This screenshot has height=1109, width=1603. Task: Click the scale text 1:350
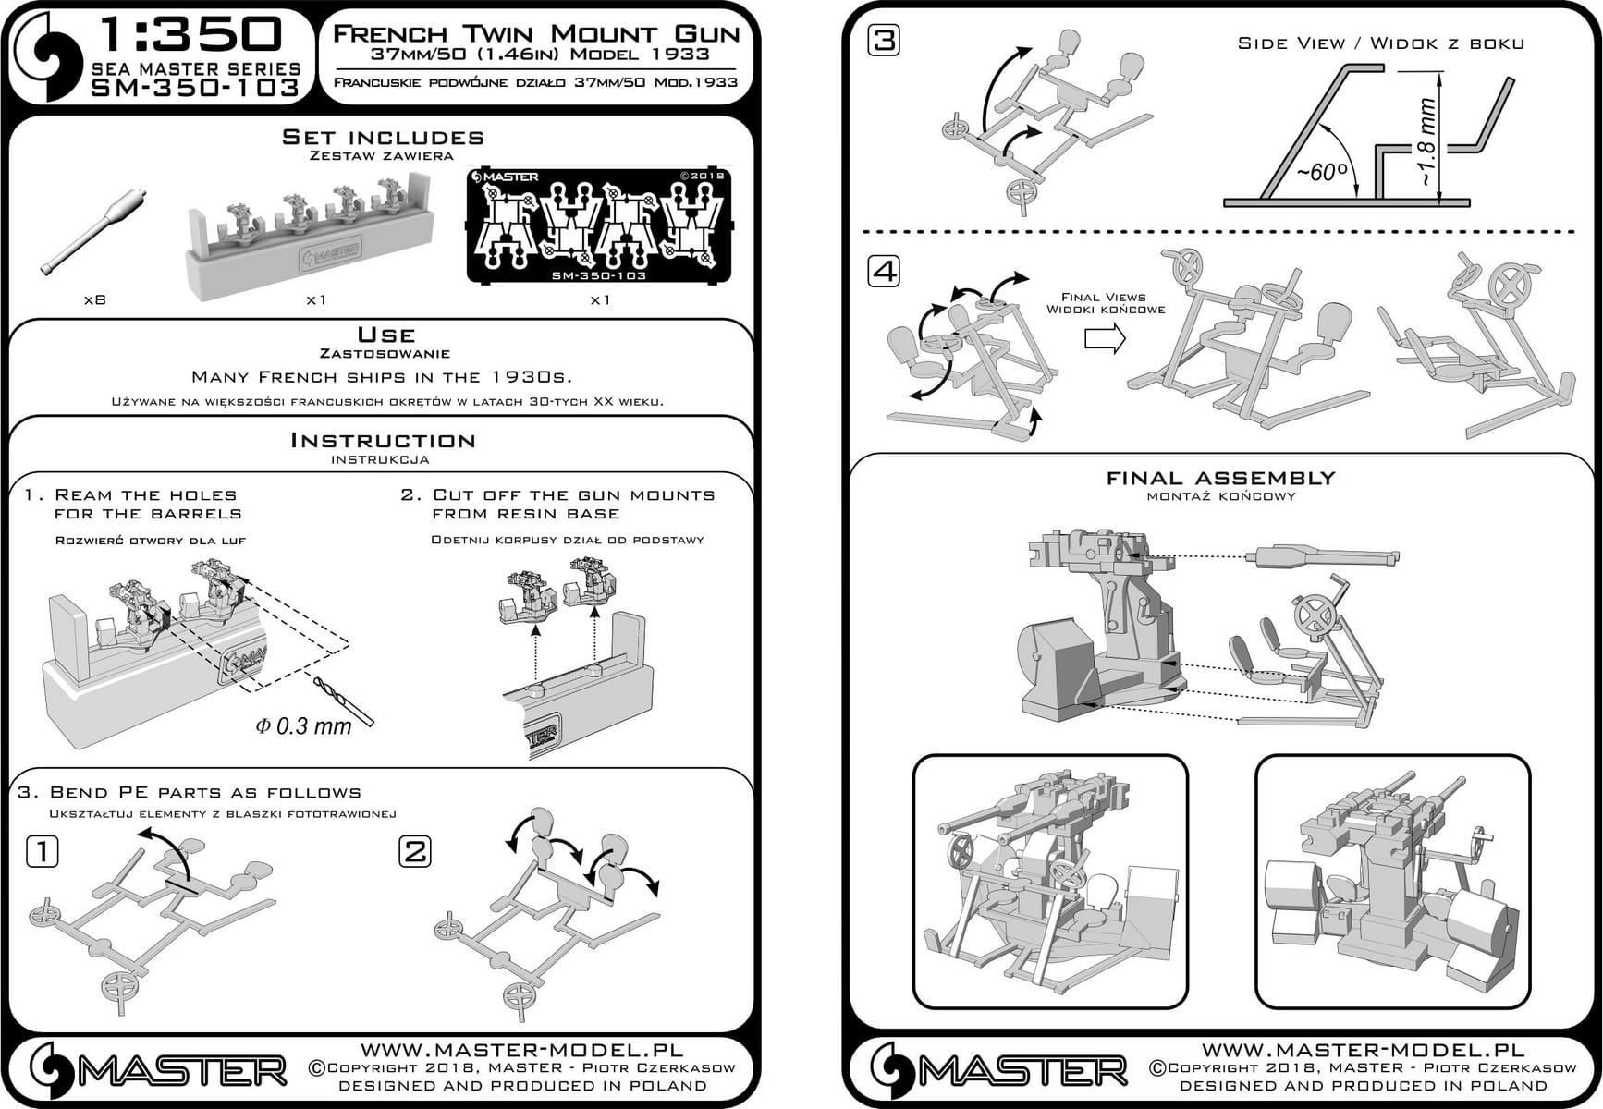point(189,35)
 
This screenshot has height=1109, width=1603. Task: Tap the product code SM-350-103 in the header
point(195,88)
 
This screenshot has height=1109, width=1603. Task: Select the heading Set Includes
point(383,138)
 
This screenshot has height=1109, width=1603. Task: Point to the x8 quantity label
point(93,300)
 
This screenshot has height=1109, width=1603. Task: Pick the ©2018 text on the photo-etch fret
point(703,176)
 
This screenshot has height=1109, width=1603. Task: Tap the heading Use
point(385,335)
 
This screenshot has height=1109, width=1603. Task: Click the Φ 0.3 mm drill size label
point(303,726)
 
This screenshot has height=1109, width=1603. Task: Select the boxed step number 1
point(42,851)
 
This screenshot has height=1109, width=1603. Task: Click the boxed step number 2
point(415,851)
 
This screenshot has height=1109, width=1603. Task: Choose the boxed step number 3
point(885,41)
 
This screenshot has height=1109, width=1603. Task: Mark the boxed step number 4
point(885,272)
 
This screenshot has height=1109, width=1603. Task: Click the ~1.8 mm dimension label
point(1428,140)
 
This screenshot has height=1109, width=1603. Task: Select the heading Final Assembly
point(1221,479)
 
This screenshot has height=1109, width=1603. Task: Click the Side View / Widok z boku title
point(1381,43)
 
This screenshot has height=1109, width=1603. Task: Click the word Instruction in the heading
point(383,441)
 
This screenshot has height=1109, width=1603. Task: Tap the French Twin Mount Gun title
point(536,34)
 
